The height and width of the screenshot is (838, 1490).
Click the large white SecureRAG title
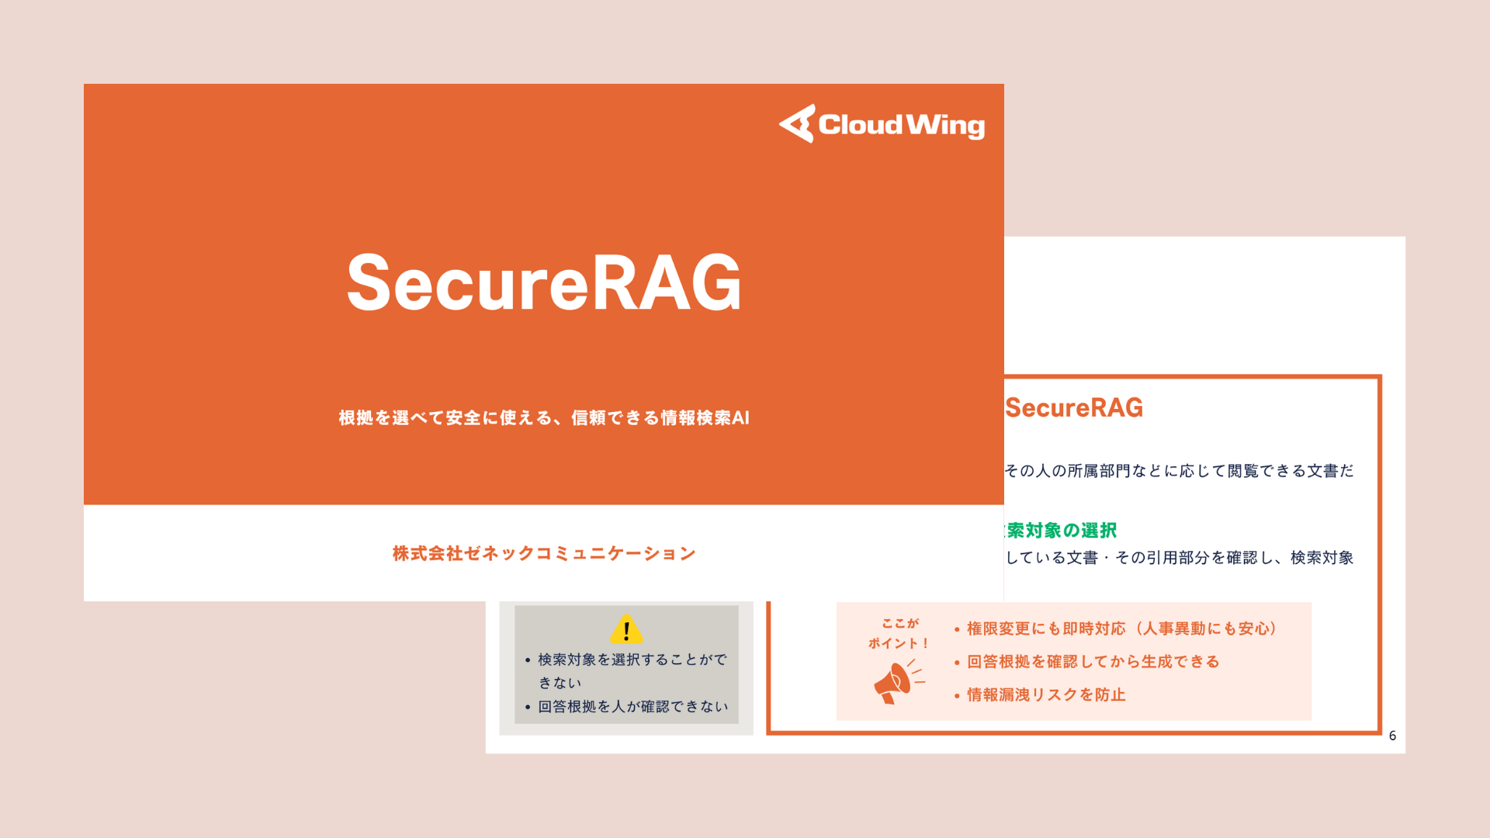tap(543, 283)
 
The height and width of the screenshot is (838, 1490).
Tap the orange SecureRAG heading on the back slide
tap(1074, 408)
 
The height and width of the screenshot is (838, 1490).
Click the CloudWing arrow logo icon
tap(798, 124)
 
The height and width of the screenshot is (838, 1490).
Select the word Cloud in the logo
tap(860, 125)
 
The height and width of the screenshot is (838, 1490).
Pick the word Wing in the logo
tap(945, 126)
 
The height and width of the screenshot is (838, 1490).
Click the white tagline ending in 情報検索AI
tap(543, 418)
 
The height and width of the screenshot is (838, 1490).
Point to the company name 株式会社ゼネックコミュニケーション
tap(543, 553)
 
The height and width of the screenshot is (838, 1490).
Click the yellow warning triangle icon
tap(626, 629)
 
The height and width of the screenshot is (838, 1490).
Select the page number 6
tap(1392, 736)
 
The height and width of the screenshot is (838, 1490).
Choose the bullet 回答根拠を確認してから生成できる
tap(1093, 662)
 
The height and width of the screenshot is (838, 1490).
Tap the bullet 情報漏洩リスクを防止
tap(1046, 695)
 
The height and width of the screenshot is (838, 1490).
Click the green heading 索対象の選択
tap(1061, 531)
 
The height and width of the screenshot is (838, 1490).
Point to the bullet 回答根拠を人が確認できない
tap(632, 707)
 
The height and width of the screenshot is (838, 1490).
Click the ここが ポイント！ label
tap(899, 633)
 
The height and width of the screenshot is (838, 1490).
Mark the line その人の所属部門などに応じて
tap(1179, 471)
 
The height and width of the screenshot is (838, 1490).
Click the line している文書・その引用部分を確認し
tap(1179, 558)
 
